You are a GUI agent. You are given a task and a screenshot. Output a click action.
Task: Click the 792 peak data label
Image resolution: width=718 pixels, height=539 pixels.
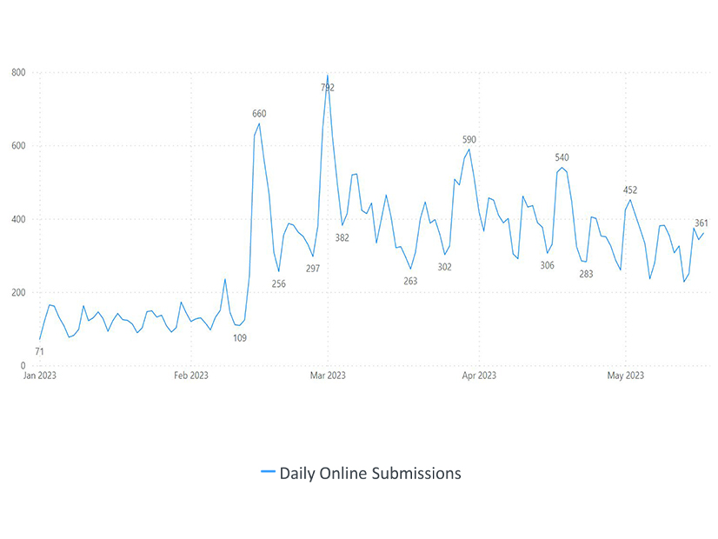coord(328,88)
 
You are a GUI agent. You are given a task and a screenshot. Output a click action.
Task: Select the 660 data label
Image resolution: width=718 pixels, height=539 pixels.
coord(259,114)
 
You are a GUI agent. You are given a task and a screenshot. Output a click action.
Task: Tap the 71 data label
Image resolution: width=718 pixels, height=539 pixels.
coord(39,351)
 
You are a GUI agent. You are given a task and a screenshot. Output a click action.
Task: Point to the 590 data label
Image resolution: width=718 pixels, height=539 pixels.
coord(469,140)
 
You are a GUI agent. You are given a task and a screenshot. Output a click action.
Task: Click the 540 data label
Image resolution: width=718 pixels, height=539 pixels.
coord(562,157)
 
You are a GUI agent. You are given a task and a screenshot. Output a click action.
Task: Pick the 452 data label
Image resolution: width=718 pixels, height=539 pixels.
coord(630,190)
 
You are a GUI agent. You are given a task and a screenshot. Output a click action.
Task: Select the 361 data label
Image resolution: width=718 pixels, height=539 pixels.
coord(701,223)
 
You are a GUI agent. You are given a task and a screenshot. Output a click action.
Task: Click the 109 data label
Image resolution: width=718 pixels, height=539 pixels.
coord(240,337)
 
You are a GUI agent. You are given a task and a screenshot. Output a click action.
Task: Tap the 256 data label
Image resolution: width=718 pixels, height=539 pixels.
coord(278,284)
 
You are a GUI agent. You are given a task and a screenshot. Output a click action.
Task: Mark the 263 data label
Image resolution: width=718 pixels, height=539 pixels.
coord(411,281)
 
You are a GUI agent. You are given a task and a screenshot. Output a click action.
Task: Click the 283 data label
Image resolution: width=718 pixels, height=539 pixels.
coord(586,274)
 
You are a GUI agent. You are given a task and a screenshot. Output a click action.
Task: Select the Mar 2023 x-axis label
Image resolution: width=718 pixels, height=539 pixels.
coord(328,376)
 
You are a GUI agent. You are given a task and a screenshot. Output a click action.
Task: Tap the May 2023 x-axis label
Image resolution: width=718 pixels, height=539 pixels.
coord(625,376)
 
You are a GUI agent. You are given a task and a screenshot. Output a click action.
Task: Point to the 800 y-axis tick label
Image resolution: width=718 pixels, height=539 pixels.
coord(18,72)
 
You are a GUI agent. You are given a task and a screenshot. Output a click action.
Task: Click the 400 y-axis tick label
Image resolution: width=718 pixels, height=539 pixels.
coord(18,219)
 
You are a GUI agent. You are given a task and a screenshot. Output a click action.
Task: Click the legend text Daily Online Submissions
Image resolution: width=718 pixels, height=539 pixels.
coord(370,473)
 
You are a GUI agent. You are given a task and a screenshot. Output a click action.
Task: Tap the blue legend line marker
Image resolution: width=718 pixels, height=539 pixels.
coord(268,473)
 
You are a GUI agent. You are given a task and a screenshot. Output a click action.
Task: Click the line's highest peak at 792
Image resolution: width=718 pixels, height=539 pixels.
coord(328,76)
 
